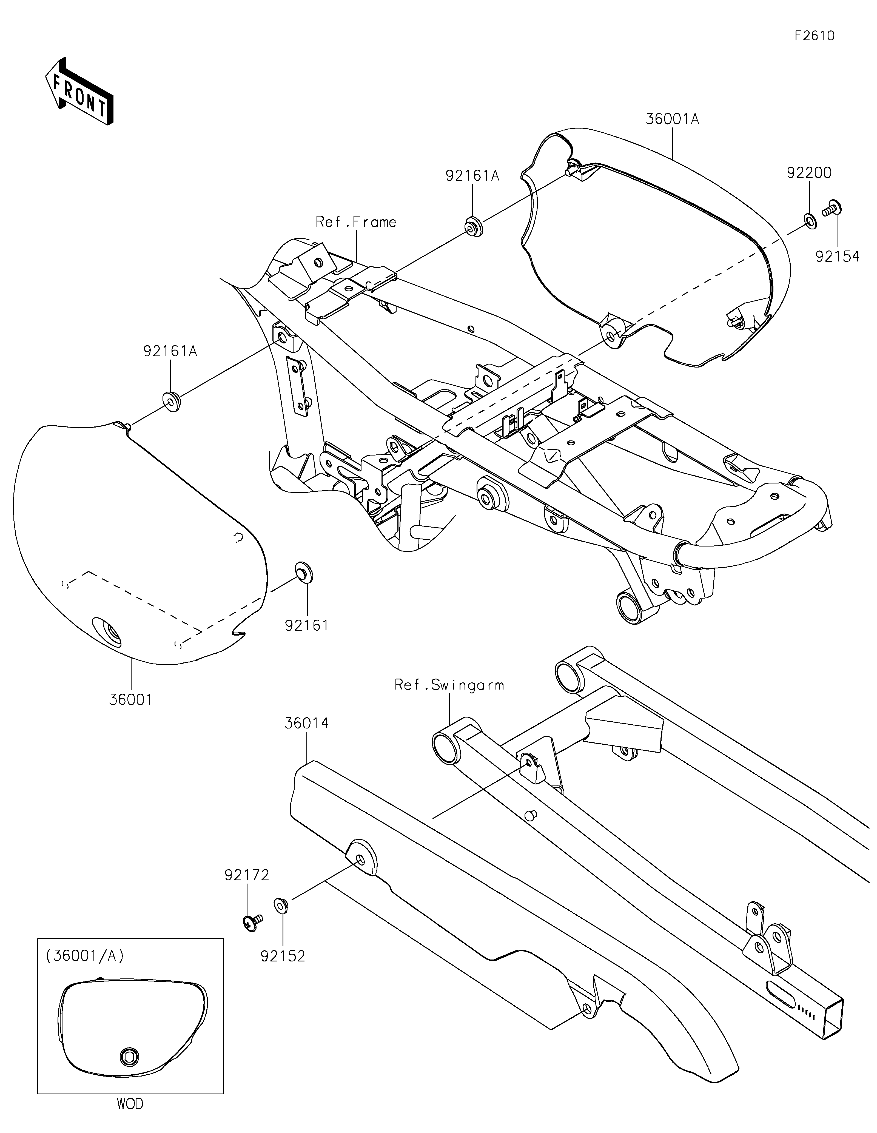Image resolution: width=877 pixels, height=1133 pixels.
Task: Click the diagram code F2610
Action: coord(814,36)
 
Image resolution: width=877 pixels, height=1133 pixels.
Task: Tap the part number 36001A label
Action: coord(672,119)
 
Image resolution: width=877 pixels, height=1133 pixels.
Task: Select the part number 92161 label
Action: coord(306,626)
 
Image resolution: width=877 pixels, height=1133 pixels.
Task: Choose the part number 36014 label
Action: coord(306,723)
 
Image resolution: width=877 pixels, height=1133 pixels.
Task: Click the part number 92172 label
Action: coord(247,875)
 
